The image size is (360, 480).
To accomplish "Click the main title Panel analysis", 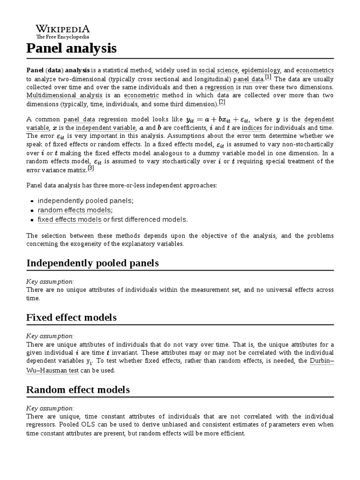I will (x=71, y=48).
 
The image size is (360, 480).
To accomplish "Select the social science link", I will (x=218, y=70).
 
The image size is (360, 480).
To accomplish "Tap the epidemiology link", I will (x=264, y=70).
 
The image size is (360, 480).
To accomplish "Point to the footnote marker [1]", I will (x=268, y=77).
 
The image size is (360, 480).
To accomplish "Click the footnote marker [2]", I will (x=222, y=103).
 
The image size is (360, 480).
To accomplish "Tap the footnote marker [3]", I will (x=91, y=168).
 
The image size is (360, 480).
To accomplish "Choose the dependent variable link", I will (x=319, y=120).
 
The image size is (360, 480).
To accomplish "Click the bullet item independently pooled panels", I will (x=85, y=201).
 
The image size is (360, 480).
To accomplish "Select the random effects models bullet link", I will (x=75, y=210).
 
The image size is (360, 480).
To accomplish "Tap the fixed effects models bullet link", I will (x=69, y=219).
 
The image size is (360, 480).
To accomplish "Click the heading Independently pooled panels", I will (x=92, y=263).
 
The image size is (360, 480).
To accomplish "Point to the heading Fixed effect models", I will (x=71, y=317).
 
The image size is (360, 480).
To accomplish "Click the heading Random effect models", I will (x=78, y=390).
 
